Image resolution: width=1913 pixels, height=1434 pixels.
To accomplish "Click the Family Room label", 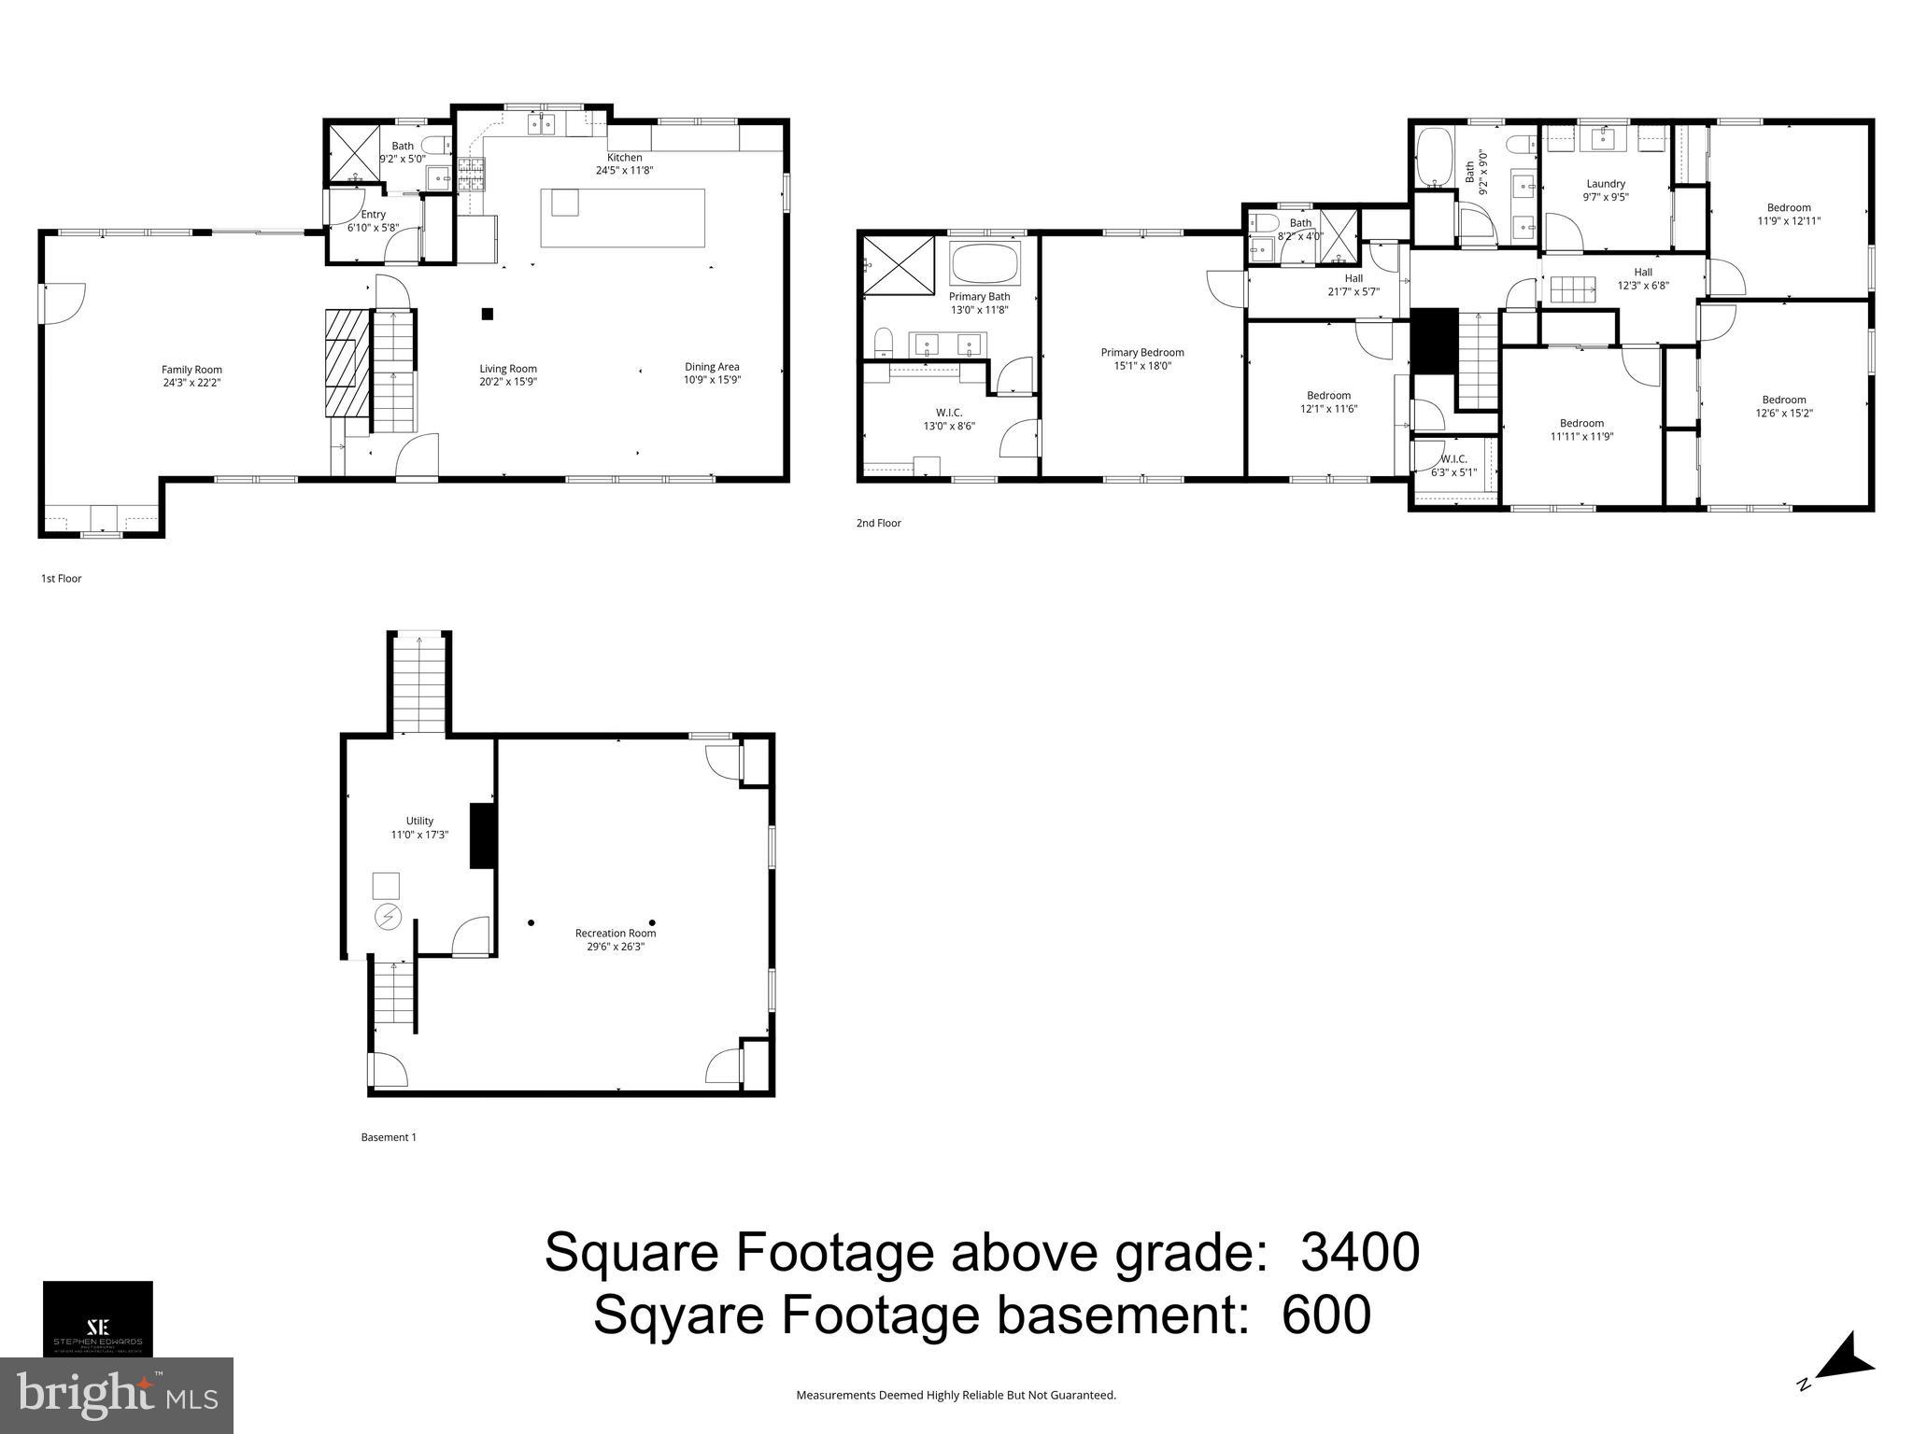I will pos(191,375).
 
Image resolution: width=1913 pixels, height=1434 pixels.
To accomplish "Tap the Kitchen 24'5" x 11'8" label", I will pos(624,163).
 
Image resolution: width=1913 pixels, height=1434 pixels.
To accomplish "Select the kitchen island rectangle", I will pos(622,218).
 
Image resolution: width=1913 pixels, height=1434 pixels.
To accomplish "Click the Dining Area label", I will pos(712,373).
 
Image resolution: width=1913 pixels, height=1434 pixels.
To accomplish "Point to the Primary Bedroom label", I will pos(1141,358).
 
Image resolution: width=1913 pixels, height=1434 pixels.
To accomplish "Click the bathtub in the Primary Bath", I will pos(985,263).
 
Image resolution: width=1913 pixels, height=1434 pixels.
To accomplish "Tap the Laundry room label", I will pos(1605,190).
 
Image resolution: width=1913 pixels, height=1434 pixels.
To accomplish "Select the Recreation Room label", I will pos(615,939).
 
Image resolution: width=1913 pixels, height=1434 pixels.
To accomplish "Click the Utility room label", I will pos(419,827).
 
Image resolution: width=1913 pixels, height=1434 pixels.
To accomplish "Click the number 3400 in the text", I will pos(1360,1252).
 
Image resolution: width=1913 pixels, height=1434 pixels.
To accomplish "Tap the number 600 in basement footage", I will pos(1325,1314).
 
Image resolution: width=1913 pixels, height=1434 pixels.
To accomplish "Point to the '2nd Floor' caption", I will pos(878,523).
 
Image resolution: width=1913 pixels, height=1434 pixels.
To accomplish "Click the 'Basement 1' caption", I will pos(389,1137).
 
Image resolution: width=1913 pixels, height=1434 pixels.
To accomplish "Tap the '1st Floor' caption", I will pos(61,578).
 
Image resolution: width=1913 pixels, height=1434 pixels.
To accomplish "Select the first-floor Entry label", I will pos(373,220).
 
